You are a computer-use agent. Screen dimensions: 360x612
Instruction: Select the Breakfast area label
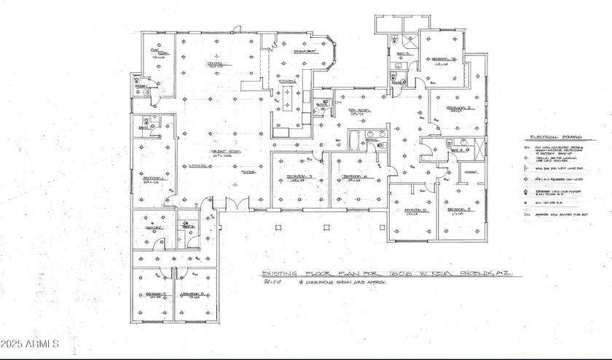click(305, 52)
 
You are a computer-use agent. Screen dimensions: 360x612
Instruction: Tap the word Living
click(195, 166)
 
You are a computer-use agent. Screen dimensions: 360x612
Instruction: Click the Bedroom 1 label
click(154, 179)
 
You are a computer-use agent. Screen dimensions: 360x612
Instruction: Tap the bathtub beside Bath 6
click(355, 139)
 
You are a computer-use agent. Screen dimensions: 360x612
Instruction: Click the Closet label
click(450, 172)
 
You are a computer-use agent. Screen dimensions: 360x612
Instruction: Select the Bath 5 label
click(402, 55)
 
